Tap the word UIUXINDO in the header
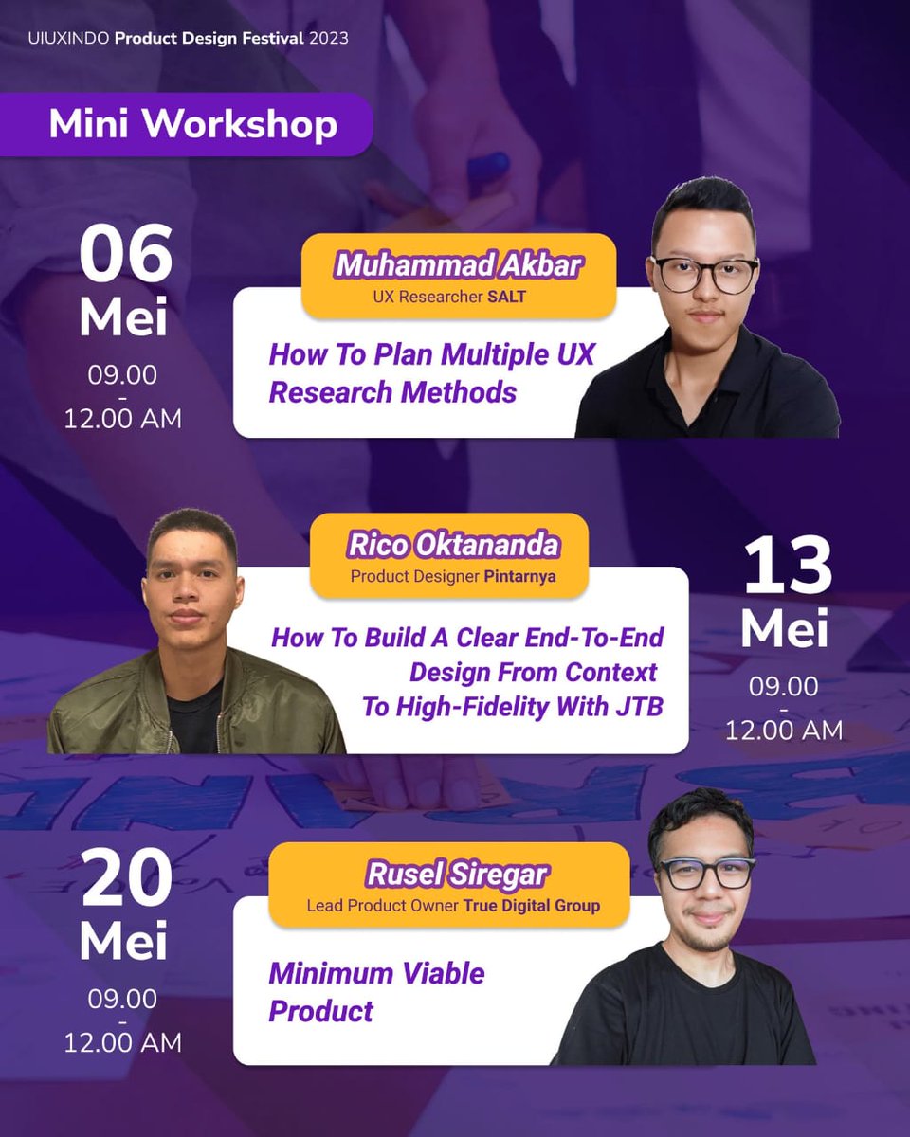(63, 39)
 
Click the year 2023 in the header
(329, 39)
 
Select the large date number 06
(125, 255)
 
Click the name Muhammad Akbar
(459, 264)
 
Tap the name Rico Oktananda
(453, 545)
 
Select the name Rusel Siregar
(448, 874)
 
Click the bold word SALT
(507, 297)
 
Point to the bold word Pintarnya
(520, 576)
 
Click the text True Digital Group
(531, 906)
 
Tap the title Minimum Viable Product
(376, 991)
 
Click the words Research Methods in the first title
(392, 391)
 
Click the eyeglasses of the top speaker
(704, 275)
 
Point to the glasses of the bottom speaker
(707, 873)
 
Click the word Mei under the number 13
(784, 628)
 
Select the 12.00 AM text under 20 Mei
(122, 1043)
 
